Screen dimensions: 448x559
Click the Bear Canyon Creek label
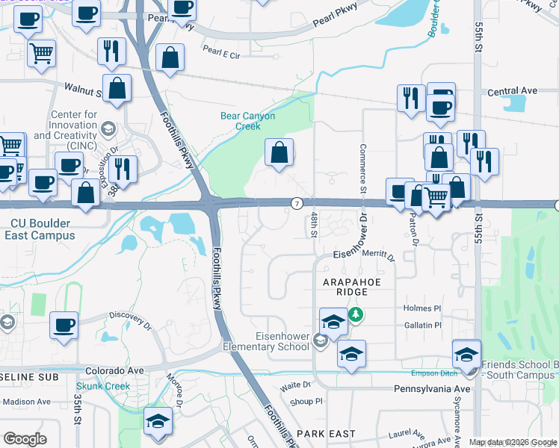coord(247,121)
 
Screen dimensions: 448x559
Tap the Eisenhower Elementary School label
coord(266,341)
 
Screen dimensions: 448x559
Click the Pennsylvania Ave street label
coord(432,389)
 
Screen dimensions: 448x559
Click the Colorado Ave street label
coord(114,370)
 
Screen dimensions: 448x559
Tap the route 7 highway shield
coord(297,203)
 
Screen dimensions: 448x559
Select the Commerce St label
coord(362,169)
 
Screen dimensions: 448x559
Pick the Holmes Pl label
coord(422,308)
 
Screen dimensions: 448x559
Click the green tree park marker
coord(357,314)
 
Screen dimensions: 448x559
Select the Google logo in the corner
coord(25,439)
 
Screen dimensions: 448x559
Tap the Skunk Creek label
coord(102,387)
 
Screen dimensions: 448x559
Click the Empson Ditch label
coord(431,373)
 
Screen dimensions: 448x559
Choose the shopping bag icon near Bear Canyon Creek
coord(279,153)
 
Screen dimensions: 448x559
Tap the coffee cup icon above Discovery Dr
coord(63,326)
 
